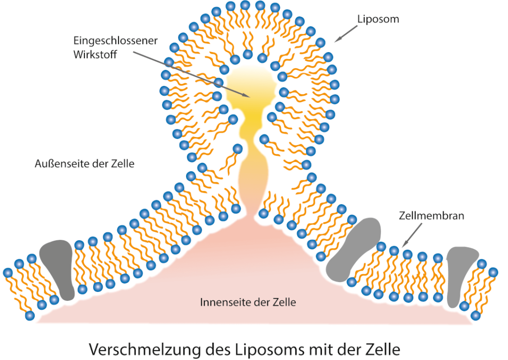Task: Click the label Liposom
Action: coord(378,19)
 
